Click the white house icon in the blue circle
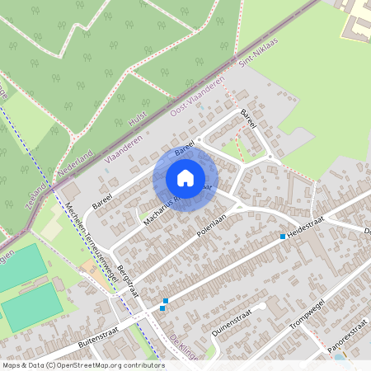coord(185,177)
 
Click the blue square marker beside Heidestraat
coord(283,237)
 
